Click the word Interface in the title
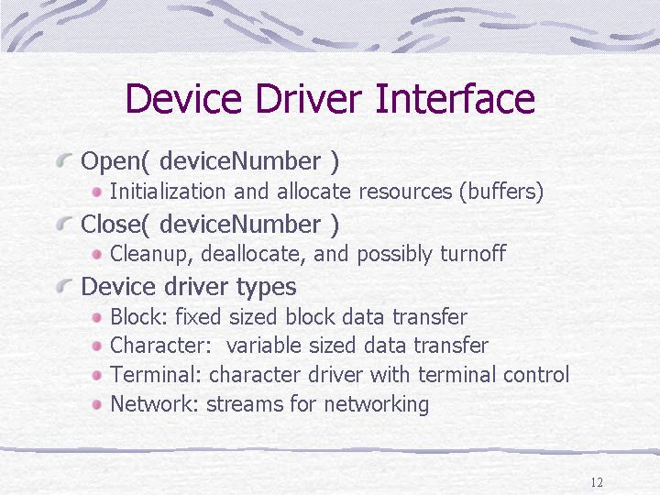pos(455,98)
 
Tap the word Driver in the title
pos(309,98)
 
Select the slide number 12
pos(597,482)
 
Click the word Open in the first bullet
pos(115,162)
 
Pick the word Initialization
pos(168,192)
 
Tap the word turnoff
pos(473,253)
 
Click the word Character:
pos(160,346)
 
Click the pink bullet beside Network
pos(97,404)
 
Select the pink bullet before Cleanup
pos(97,254)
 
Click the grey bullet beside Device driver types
pos(64,286)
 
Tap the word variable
pos(263,346)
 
